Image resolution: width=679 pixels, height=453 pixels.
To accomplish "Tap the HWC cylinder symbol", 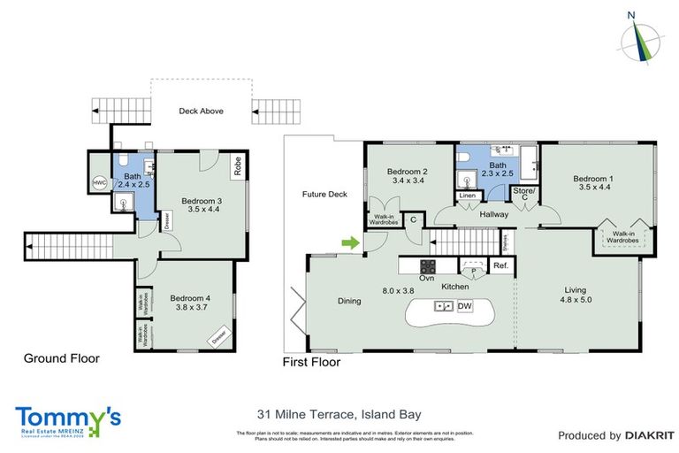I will point(99,183).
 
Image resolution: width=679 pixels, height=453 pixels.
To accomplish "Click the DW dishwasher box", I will point(465,306).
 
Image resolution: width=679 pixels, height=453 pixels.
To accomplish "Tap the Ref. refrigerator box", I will point(500,265).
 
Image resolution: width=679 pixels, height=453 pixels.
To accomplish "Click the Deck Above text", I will point(201,111).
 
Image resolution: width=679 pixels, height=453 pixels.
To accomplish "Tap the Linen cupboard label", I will point(468,195).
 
